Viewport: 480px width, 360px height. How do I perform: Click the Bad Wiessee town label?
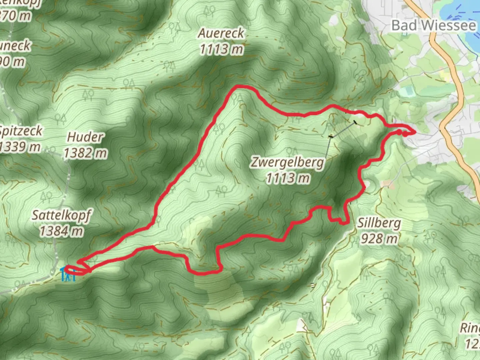[x=433, y=26]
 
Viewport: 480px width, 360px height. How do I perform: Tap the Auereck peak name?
[x=221, y=33]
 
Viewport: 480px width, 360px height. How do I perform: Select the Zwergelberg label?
[x=287, y=162]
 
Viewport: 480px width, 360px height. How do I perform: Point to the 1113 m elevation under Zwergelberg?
[x=288, y=178]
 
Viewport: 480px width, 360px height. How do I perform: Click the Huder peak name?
[x=85, y=137]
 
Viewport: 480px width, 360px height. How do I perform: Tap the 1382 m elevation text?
[x=85, y=153]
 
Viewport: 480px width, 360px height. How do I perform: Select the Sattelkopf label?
[x=61, y=215]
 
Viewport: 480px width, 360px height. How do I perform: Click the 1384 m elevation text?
[x=61, y=231]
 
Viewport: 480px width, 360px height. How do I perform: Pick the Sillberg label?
[x=379, y=223]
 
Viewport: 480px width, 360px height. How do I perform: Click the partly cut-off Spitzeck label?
[x=21, y=131]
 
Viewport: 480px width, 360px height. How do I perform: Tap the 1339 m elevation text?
[x=20, y=147]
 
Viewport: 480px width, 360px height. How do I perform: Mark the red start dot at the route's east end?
[x=399, y=132]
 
